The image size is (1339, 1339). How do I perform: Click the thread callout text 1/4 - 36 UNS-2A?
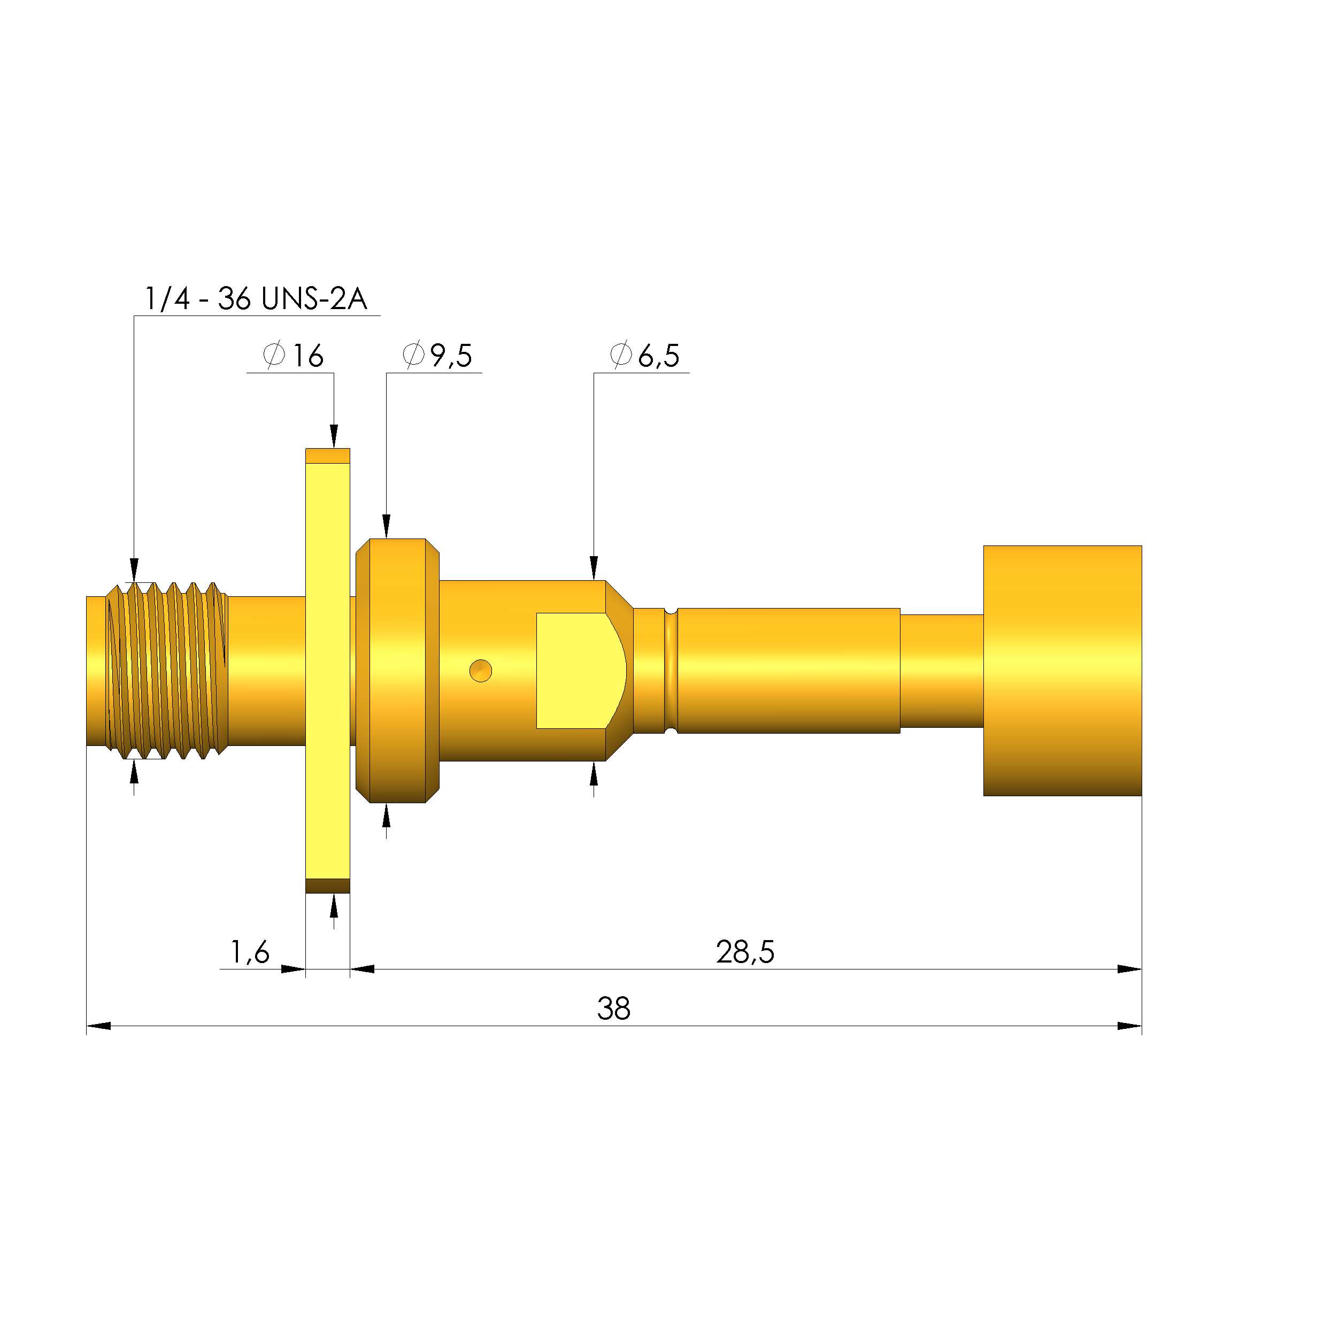pyautogui.click(x=255, y=299)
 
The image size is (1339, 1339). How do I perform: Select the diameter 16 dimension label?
pyautogui.click(x=293, y=356)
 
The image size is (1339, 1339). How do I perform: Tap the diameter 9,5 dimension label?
pyautogui.click(x=437, y=356)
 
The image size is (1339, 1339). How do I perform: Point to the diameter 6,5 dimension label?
pyautogui.click(x=644, y=356)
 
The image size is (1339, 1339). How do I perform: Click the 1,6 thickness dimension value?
pyautogui.click(x=250, y=952)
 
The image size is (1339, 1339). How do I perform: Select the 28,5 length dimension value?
pyautogui.click(x=745, y=952)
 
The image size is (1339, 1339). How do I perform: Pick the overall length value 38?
pyautogui.click(x=613, y=1009)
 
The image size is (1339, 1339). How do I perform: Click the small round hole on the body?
pyautogui.click(x=480, y=671)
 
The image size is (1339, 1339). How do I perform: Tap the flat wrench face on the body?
pyautogui.click(x=575, y=671)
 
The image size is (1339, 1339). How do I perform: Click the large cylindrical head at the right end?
pyautogui.click(x=1062, y=671)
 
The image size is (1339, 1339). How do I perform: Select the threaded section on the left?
pyautogui.click(x=166, y=671)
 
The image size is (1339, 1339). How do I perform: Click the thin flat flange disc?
pyautogui.click(x=328, y=671)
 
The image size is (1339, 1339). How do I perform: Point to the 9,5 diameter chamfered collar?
pyautogui.click(x=397, y=671)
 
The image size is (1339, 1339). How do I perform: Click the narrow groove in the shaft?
pyautogui.click(x=671, y=671)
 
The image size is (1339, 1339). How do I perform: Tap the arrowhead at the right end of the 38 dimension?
pyautogui.click(x=1130, y=1026)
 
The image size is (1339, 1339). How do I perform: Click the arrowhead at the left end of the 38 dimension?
pyautogui.click(x=98, y=1026)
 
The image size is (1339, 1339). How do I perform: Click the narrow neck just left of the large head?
pyautogui.click(x=941, y=671)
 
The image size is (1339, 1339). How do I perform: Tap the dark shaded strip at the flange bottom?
pyautogui.click(x=328, y=886)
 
